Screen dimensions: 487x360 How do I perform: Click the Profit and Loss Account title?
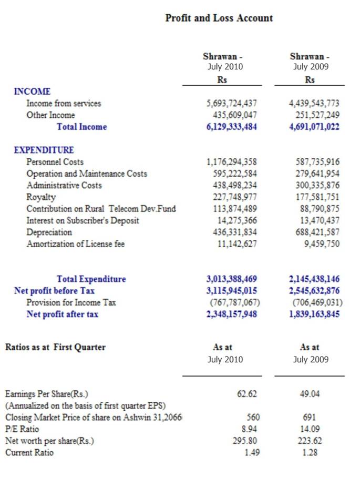(x=219, y=18)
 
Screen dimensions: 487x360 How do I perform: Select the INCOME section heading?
(x=32, y=92)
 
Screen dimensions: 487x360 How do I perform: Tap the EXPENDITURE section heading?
(x=44, y=150)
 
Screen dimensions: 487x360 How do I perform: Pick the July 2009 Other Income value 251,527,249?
(x=314, y=115)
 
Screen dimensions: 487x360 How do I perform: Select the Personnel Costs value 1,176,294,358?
(x=232, y=162)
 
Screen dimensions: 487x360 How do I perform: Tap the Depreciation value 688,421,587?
(x=314, y=232)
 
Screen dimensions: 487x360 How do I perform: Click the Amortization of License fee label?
(x=76, y=244)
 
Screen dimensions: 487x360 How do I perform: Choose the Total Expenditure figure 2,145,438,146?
(x=314, y=279)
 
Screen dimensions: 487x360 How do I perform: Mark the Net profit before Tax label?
(x=54, y=291)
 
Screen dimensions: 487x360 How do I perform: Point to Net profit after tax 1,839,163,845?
(x=314, y=314)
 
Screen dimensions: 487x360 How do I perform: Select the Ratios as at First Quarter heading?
(x=55, y=347)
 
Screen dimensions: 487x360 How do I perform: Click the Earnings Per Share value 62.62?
(x=246, y=394)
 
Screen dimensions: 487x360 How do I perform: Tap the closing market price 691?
(x=310, y=417)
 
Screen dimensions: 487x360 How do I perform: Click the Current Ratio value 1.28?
(x=310, y=452)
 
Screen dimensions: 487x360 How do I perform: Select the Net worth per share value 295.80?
(x=245, y=441)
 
